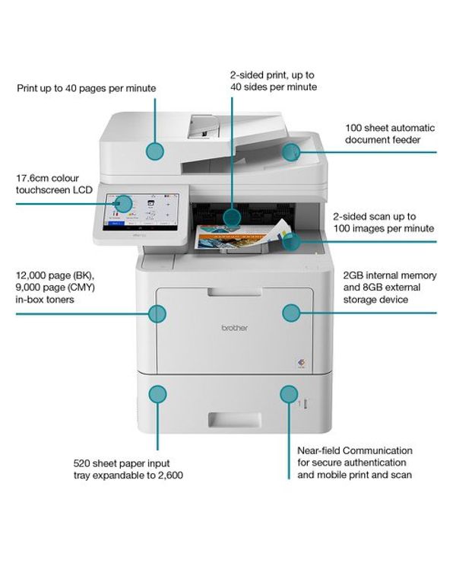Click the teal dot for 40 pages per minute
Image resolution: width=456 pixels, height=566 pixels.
pyautogui.click(x=156, y=150)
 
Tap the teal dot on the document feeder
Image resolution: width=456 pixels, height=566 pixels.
pyautogui.click(x=292, y=151)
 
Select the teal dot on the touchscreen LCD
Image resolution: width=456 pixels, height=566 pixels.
pyautogui.click(x=124, y=203)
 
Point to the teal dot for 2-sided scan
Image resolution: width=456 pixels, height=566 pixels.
pyautogui.click(x=291, y=242)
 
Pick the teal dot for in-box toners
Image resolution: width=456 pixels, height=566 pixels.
pyautogui.click(x=157, y=313)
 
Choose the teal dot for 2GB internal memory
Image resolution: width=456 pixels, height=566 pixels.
pyautogui.click(x=291, y=312)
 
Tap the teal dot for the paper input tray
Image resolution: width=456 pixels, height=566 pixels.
pyautogui.click(x=157, y=394)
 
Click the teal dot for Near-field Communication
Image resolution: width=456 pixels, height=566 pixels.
pyautogui.click(x=288, y=394)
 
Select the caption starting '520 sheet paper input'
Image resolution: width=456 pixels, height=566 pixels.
pyautogui.click(x=128, y=469)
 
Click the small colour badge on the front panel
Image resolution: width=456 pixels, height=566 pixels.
pyautogui.click(x=298, y=364)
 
